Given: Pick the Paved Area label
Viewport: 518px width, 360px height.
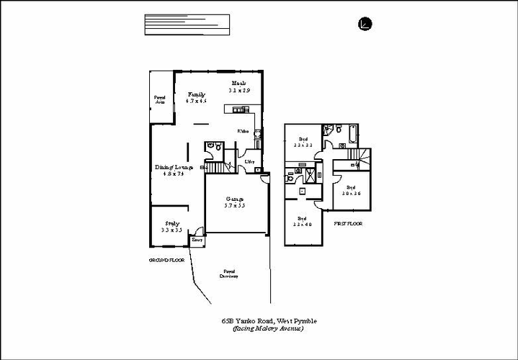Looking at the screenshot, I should tap(159, 100).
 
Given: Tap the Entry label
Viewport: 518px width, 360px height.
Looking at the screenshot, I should tap(197, 239).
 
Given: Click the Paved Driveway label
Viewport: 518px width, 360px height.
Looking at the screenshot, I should tap(229, 274).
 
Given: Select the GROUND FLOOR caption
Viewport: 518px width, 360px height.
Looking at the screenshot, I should tap(166, 259).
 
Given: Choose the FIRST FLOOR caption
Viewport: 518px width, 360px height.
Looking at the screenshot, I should tap(348, 224).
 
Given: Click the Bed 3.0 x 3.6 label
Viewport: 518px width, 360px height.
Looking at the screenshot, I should tap(351, 190).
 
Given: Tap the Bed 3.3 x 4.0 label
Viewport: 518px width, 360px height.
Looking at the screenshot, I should tap(303, 221).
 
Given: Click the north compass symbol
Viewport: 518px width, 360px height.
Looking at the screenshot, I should tap(365, 24).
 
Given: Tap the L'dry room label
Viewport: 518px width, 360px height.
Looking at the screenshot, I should tap(249, 162).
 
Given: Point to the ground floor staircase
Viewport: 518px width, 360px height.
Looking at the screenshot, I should tap(219, 168).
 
